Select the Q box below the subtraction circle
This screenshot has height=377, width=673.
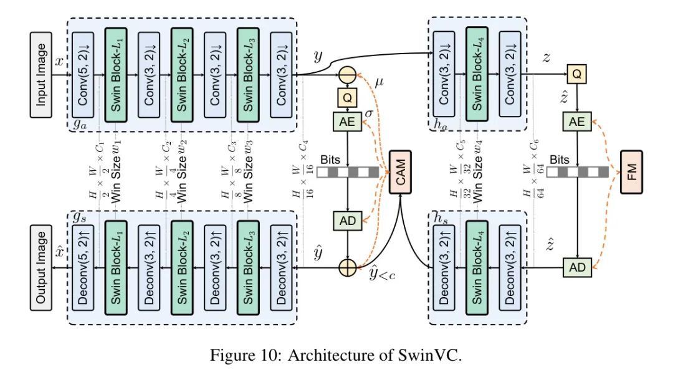pos(347,98)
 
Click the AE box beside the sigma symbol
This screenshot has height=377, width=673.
pos(347,123)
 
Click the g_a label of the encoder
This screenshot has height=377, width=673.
pos(79,125)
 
